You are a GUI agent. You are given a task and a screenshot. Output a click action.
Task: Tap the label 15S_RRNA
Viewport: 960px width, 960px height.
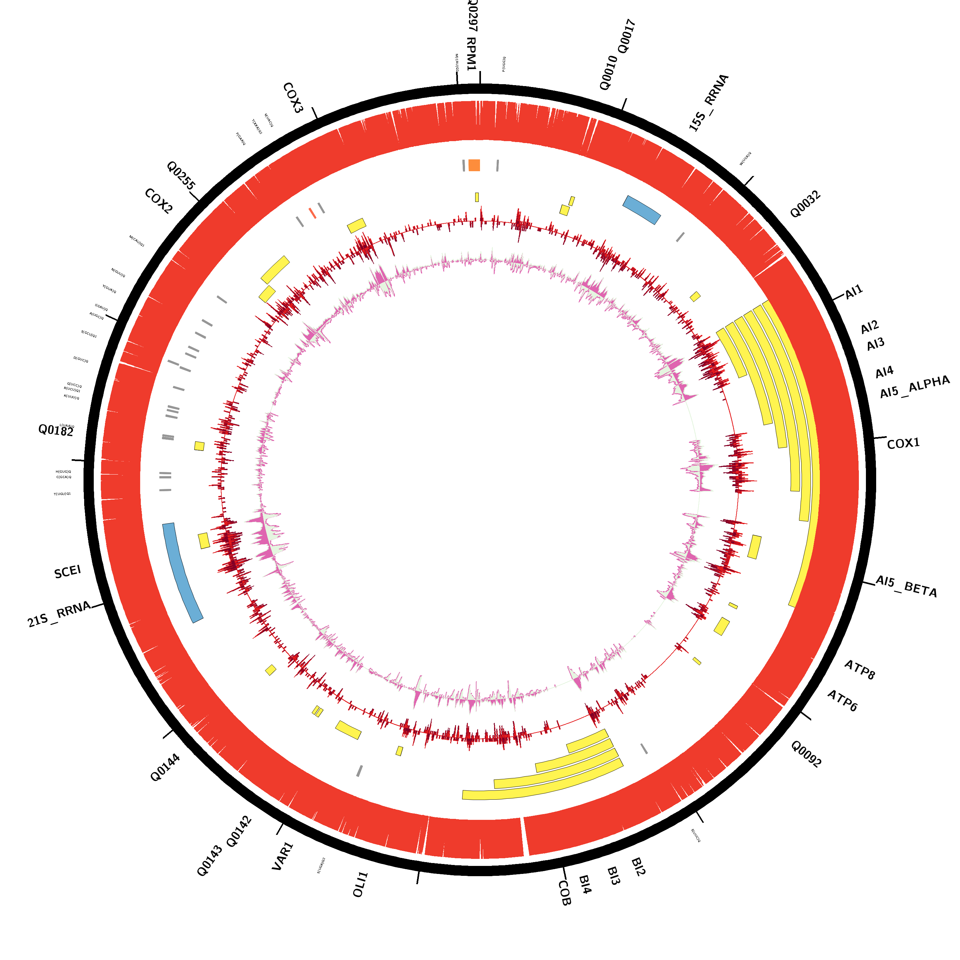tap(708, 103)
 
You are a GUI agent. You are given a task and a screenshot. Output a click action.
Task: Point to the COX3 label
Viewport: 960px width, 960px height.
tap(293, 98)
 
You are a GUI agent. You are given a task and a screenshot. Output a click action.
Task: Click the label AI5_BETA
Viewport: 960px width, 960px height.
tap(906, 586)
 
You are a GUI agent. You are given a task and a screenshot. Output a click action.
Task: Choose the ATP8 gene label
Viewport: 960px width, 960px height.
tap(860, 669)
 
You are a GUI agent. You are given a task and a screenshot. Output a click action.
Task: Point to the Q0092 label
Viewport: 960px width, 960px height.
tap(806, 754)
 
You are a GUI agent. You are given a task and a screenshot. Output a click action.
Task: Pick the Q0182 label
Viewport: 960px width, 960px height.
tap(56, 430)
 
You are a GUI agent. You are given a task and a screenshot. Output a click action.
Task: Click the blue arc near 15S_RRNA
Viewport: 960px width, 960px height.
tap(642, 210)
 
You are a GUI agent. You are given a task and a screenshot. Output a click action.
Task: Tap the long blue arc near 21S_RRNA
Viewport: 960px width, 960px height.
tap(182, 572)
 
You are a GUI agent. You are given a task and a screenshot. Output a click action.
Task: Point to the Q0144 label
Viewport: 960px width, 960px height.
tap(165, 768)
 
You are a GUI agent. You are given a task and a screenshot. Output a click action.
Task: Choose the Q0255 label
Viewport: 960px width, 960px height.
tap(181, 175)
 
